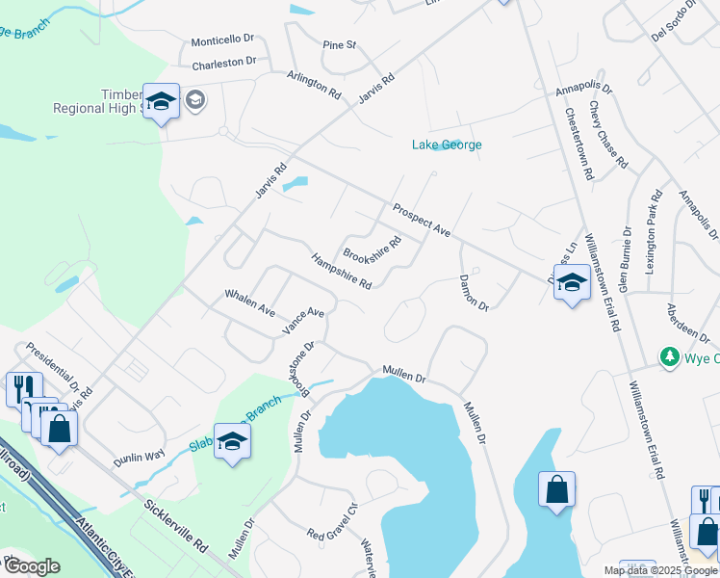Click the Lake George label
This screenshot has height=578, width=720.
[447, 145]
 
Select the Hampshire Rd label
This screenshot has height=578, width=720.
[342, 271]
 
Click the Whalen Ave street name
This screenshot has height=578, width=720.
[250, 302]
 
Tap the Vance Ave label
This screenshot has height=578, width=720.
[303, 321]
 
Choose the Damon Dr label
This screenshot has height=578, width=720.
[475, 290]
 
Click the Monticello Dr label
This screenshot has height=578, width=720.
[221, 41]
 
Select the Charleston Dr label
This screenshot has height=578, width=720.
[223, 63]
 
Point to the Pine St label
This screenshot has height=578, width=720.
[340, 45]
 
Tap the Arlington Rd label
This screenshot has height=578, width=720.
[314, 85]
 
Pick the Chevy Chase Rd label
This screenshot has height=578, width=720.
[608, 136]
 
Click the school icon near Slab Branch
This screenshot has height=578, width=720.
[232, 442]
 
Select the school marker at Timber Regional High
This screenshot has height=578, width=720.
[162, 101]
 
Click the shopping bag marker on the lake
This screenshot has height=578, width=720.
[557, 489]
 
